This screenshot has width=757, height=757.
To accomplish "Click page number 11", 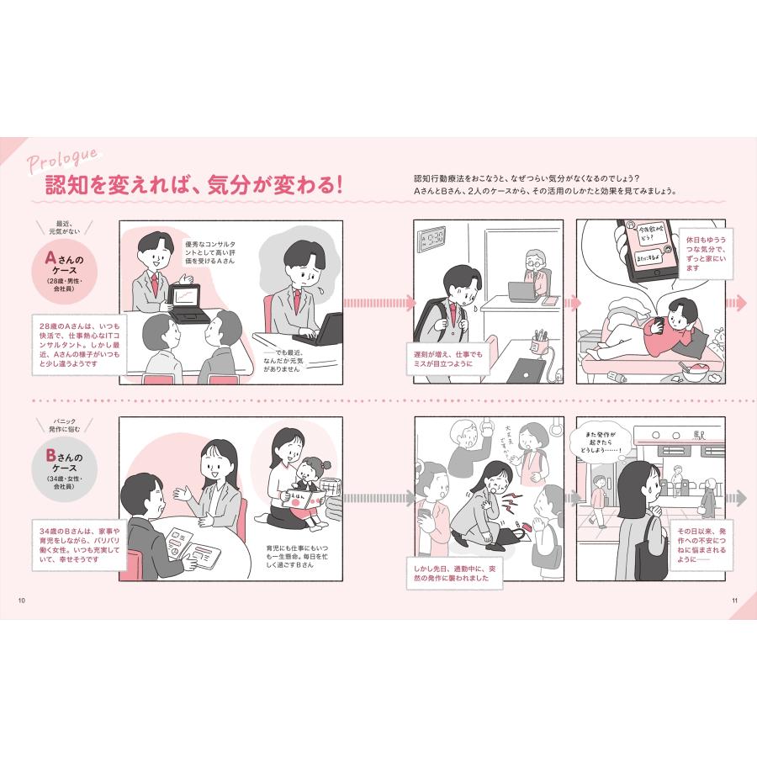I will (733, 600).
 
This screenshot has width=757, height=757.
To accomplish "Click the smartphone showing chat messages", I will (646, 250).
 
